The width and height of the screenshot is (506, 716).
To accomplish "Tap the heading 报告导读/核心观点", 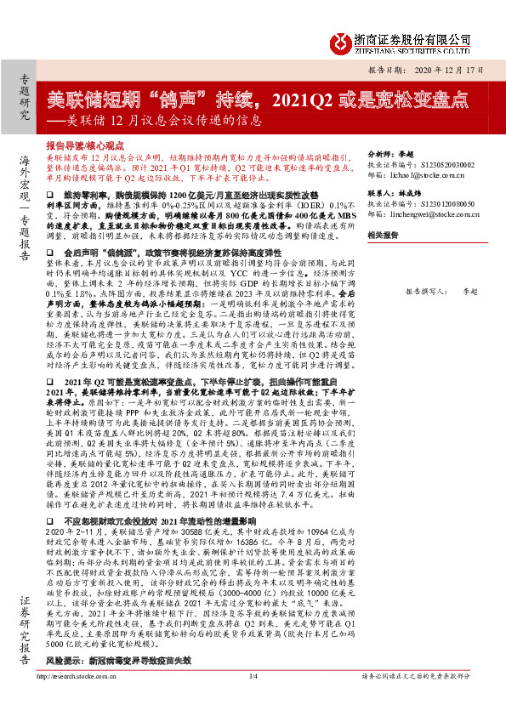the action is point(85,146).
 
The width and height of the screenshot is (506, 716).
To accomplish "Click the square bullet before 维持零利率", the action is point(49,196).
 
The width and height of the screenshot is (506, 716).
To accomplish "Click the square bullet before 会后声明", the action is point(49,253).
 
